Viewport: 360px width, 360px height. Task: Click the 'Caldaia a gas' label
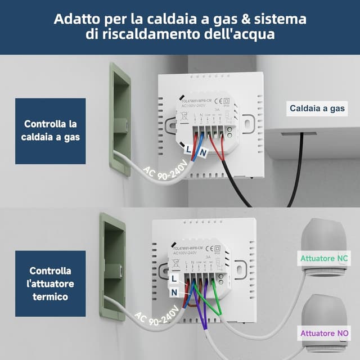tap(318, 109)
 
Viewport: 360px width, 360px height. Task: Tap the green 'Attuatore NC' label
tap(324, 259)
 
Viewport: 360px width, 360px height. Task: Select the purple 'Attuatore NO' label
tap(324, 333)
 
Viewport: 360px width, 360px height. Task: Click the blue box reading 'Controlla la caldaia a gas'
tap(50, 130)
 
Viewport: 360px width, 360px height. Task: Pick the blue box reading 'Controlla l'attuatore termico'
tap(50, 284)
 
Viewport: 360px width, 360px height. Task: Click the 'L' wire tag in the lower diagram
tap(174, 278)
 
